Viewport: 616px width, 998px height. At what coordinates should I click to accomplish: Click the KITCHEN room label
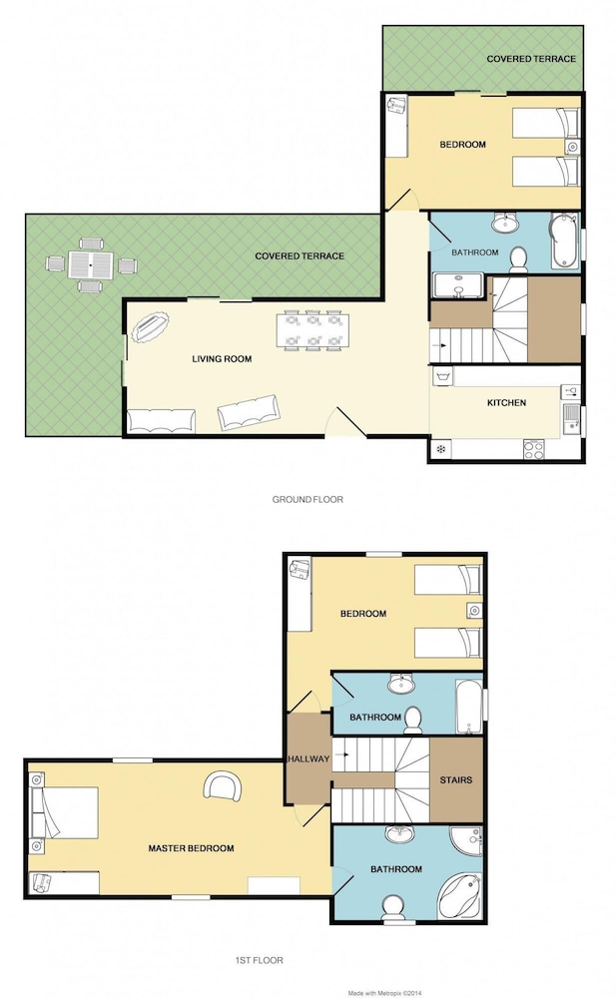click(x=506, y=403)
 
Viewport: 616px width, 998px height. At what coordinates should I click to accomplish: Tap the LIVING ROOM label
click(x=222, y=359)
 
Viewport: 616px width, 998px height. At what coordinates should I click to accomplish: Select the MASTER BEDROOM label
click(x=191, y=848)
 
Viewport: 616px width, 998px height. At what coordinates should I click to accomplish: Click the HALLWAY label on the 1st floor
click(x=308, y=758)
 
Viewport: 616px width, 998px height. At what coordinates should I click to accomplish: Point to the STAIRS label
click(x=456, y=779)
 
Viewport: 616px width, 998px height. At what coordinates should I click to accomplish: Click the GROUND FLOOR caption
click(x=308, y=500)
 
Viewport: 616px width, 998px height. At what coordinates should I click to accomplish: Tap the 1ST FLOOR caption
click(x=260, y=960)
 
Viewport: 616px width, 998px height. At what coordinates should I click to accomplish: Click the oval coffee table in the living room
click(x=151, y=326)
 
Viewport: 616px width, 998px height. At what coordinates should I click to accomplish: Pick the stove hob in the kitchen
click(x=534, y=449)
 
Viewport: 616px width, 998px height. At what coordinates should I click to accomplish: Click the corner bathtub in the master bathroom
click(x=460, y=895)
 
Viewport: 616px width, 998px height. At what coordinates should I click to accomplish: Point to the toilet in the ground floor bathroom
click(x=518, y=260)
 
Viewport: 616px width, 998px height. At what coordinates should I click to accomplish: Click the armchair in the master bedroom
click(x=223, y=786)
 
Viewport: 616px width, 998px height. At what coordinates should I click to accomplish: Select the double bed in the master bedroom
click(x=65, y=812)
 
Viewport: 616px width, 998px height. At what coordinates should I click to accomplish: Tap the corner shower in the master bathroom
click(x=465, y=839)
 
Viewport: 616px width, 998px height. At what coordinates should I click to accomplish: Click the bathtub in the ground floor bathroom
click(x=565, y=243)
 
